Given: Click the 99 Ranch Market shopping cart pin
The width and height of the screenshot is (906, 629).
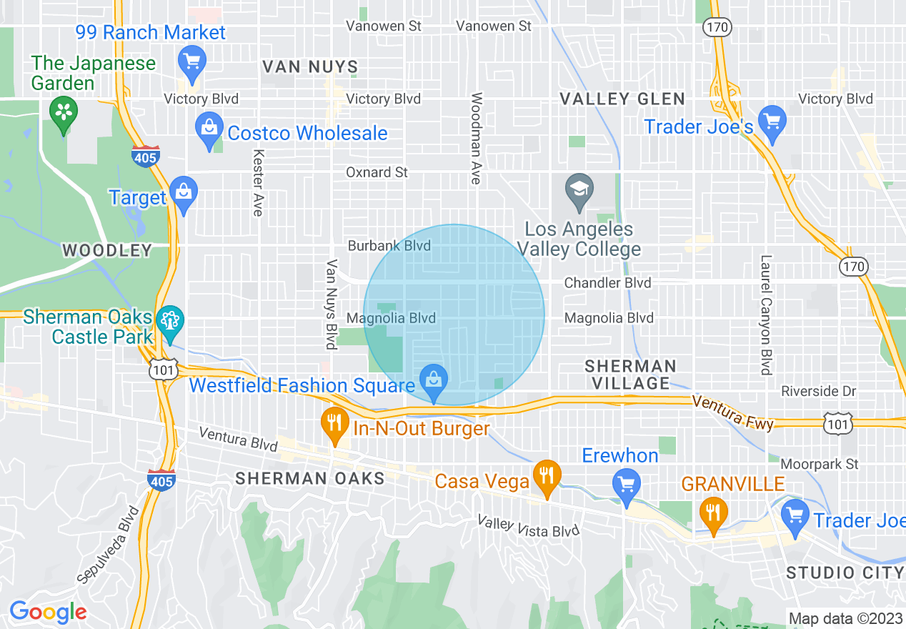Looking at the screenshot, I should (x=191, y=60).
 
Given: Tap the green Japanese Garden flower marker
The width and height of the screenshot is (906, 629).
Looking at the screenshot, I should (x=64, y=112).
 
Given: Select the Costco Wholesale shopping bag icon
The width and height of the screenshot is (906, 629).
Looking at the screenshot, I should (x=209, y=128).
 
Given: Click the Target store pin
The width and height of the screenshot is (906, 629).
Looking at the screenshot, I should (x=184, y=192).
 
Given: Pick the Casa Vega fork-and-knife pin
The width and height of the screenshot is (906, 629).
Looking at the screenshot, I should (x=547, y=475).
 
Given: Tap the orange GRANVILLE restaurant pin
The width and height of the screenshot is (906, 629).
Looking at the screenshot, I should (x=712, y=512).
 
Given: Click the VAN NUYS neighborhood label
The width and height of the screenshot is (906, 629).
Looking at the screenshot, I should (x=310, y=67).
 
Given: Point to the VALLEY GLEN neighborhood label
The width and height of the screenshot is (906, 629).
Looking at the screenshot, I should (x=622, y=99).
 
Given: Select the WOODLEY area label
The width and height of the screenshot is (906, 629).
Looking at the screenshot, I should (x=106, y=250).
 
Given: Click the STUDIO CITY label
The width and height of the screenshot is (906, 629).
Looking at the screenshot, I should (x=845, y=573).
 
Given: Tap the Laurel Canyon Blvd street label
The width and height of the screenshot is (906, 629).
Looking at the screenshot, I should (x=766, y=315).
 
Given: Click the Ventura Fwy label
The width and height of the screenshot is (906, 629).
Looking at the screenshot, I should (x=732, y=413).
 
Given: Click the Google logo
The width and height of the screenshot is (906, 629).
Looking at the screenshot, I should (x=48, y=612).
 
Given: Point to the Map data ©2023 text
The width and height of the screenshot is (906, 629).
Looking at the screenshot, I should (x=845, y=618).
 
